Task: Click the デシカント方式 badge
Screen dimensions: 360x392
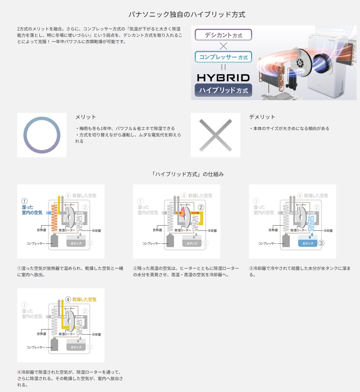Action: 223,35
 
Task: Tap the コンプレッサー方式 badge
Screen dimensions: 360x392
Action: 223,57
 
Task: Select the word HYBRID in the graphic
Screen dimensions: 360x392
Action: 223,78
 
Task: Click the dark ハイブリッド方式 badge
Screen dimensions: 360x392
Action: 223,90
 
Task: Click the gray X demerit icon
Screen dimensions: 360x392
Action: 216,135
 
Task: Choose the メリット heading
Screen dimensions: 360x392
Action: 86,117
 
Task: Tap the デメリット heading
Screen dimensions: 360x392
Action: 262,117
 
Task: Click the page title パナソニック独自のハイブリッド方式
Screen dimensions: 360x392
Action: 187,15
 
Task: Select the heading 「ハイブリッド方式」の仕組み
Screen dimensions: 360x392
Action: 187,174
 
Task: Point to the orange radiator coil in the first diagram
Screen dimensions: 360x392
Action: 54,218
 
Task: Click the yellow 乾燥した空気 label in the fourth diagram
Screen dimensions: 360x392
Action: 84,299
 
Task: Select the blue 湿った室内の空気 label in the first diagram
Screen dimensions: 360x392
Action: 32,210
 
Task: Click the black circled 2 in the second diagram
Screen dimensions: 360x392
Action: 201,207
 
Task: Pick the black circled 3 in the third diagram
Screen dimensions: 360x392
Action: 321,243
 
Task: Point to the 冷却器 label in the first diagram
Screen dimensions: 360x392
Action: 96,231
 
